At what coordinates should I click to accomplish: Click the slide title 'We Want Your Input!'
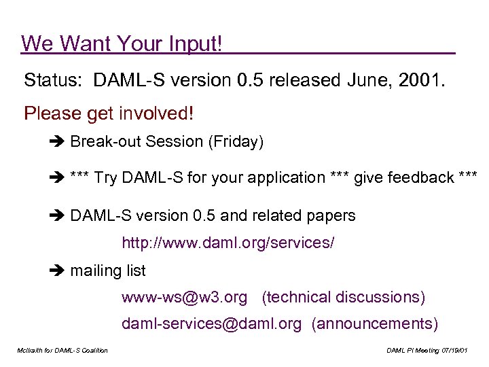coord(122,43)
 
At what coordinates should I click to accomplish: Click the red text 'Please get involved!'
coord(109,113)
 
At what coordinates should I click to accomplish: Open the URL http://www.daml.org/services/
coord(228,243)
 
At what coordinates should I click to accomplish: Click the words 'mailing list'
coord(108,271)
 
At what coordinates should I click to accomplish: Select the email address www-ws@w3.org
coord(185,298)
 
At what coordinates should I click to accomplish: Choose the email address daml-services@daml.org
coord(211,324)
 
